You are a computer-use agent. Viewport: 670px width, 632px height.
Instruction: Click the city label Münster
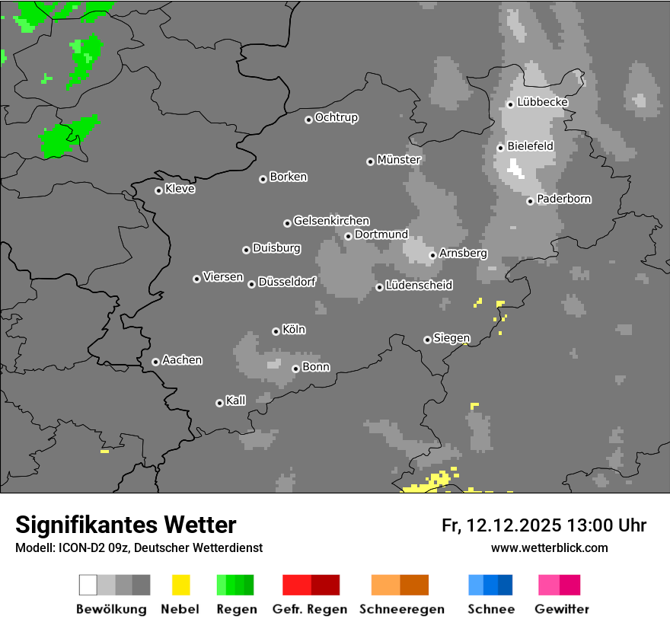399,160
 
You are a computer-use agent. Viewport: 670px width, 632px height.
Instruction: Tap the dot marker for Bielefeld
501,148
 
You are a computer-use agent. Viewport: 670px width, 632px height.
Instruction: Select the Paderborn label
564,199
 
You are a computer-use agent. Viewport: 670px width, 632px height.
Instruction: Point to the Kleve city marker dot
158,190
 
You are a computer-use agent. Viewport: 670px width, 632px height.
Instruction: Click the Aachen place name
183,360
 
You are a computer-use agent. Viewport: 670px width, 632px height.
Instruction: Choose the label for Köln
294,330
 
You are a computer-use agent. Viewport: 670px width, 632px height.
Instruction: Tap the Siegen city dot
427,340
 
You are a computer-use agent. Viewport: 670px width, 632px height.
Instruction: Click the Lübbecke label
543,102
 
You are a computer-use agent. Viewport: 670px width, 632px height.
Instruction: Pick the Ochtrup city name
337,118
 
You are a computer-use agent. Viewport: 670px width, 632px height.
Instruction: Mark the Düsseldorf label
287,282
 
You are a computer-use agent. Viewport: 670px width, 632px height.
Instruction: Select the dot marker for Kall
219,403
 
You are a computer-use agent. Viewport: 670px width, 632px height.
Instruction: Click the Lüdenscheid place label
420,286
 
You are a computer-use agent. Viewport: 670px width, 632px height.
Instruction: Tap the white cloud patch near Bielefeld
516,168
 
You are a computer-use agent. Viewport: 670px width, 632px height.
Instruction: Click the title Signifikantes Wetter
126,525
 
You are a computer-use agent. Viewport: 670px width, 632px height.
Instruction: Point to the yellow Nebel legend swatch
180,585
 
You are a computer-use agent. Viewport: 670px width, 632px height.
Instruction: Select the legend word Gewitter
562,609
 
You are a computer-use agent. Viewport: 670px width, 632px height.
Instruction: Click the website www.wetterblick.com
550,547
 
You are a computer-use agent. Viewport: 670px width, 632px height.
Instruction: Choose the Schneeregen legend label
401,609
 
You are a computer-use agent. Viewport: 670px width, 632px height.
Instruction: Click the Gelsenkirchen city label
331,221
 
